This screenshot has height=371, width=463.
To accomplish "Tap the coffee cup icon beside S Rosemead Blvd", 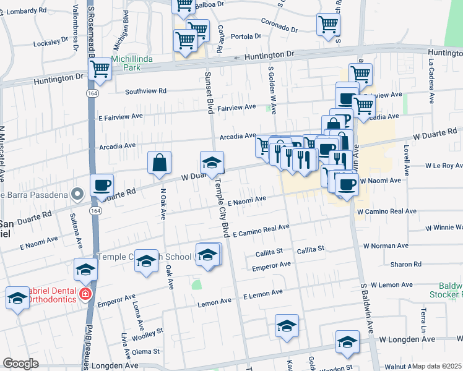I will [x=102, y=185].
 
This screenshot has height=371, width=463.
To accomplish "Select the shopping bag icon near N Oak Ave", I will [x=160, y=163].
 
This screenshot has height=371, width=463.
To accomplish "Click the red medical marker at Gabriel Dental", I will [x=85, y=295].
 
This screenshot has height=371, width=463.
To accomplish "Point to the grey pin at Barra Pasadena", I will [x=77, y=195].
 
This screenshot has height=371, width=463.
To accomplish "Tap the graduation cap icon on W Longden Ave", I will [x=347, y=342].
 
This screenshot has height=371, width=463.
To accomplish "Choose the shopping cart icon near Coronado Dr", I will [x=328, y=26].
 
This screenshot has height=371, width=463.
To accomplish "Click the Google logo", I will [x=20, y=364].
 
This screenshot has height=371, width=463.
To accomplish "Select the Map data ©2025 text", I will [x=437, y=366].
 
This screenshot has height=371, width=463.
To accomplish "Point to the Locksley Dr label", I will [x=51, y=42].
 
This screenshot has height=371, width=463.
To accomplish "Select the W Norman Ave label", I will [x=386, y=245].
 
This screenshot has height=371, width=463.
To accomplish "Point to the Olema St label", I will [x=146, y=351].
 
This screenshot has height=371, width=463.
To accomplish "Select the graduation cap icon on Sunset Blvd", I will [x=212, y=163].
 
